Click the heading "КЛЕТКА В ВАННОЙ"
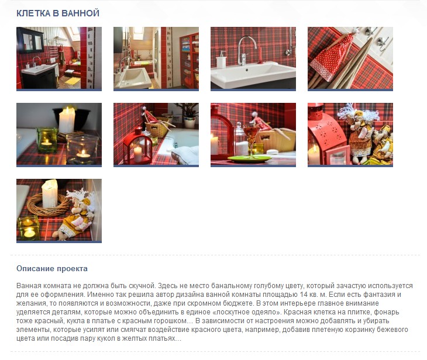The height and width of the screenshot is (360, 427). pyautogui.click(x=58, y=13)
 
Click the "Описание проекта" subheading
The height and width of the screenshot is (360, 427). pyautogui.click(x=52, y=269)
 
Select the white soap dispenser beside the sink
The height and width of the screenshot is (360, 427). pyautogui.click(x=221, y=60)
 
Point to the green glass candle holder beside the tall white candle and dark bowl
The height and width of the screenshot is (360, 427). pyautogui.click(x=47, y=140)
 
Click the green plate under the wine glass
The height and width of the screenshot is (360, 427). pyautogui.click(x=249, y=158)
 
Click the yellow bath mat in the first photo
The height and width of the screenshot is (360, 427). pyautogui.click(x=73, y=81)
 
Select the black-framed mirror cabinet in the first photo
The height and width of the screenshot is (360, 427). pyautogui.click(x=30, y=41)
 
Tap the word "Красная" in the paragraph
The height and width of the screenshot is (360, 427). pyautogui.click(x=297, y=312)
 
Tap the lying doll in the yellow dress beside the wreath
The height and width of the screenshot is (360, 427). pyautogui.click(x=74, y=217)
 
